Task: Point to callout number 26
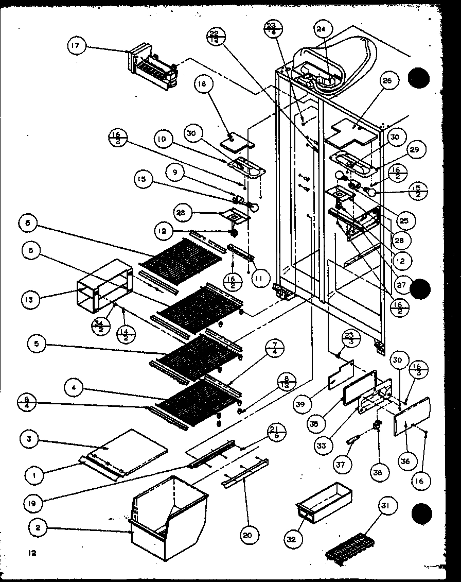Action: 387,80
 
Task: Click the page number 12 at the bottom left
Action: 32,554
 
